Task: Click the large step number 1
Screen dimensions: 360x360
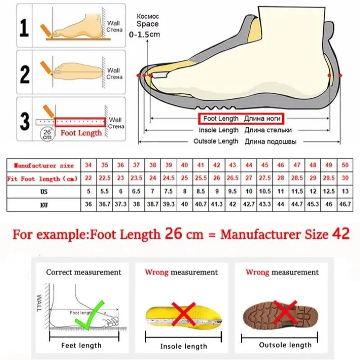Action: (25, 27)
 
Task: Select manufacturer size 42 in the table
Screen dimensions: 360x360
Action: (216, 165)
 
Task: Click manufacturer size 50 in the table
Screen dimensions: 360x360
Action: (345, 165)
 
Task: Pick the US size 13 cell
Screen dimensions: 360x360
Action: (345, 191)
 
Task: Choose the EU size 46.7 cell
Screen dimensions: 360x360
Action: (345, 204)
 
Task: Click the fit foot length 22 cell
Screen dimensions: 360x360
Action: (88, 179)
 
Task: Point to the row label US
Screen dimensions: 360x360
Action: (43, 191)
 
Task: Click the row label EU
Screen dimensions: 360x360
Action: (43, 204)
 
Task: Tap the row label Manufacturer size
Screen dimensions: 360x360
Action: (43, 166)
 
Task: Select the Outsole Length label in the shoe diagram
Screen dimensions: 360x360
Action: (216, 141)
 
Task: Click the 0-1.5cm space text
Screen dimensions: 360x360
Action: (144, 34)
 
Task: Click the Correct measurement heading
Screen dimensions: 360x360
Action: (84, 272)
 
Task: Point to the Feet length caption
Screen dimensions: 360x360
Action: (81, 346)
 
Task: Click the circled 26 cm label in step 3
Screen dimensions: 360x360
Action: (47, 133)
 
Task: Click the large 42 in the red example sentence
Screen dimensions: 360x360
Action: (340, 234)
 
